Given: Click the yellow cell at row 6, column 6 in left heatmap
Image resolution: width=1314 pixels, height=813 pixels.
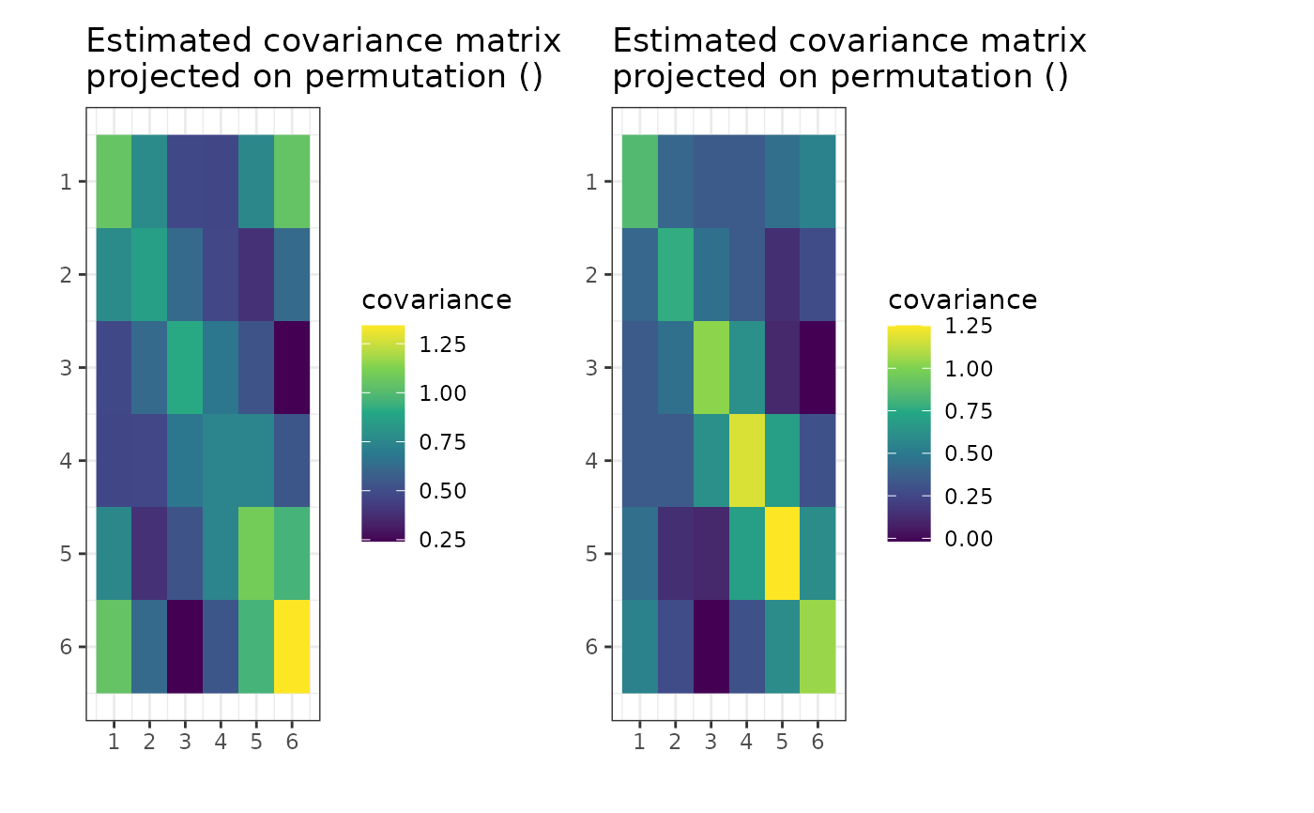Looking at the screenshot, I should [x=292, y=647].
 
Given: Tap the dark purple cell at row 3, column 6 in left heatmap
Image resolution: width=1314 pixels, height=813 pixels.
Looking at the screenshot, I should [x=292, y=367].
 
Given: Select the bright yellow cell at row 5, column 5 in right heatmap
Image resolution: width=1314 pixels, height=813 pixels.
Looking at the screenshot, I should [x=782, y=553].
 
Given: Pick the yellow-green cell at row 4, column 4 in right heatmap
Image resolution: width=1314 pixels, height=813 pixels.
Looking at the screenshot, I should [x=746, y=460].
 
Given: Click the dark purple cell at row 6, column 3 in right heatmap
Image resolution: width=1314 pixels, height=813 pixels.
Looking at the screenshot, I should [x=710, y=647].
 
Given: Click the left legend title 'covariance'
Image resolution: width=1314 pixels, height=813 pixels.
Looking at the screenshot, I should [x=436, y=300].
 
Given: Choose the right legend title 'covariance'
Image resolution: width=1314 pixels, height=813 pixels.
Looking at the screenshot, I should [x=962, y=300].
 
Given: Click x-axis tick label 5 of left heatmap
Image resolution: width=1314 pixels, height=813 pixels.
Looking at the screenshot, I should [x=256, y=743].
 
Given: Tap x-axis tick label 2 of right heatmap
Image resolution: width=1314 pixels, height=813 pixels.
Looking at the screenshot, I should [x=675, y=743].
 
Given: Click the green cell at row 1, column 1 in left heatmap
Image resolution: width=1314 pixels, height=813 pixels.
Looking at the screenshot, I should [x=114, y=181].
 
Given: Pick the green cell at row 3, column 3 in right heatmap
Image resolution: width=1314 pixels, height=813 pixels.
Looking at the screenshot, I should [x=710, y=367].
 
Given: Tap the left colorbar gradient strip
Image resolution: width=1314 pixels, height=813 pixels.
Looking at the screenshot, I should [x=383, y=433].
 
